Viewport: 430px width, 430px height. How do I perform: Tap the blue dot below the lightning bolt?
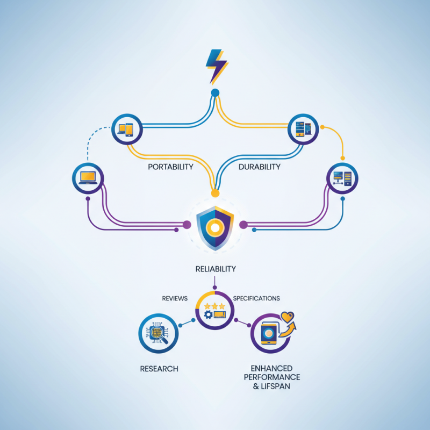[x=215, y=93]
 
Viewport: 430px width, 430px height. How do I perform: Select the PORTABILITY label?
[x=170, y=167]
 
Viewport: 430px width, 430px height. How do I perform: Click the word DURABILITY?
[x=259, y=167]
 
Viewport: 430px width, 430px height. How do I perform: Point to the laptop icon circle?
[x=88, y=178]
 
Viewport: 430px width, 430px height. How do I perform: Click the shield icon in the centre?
[x=215, y=227]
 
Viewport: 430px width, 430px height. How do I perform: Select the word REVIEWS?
[x=174, y=298]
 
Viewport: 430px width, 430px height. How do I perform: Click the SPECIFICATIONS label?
[x=256, y=298]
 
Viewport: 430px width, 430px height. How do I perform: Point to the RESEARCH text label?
[x=159, y=369]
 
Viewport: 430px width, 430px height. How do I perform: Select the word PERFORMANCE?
[x=272, y=377]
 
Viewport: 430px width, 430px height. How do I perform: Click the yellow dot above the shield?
[x=215, y=192]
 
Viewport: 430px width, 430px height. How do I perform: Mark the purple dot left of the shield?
[x=188, y=224]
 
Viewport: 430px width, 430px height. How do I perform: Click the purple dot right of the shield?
[x=242, y=224]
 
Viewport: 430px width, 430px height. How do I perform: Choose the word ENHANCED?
[x=272, y=368]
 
